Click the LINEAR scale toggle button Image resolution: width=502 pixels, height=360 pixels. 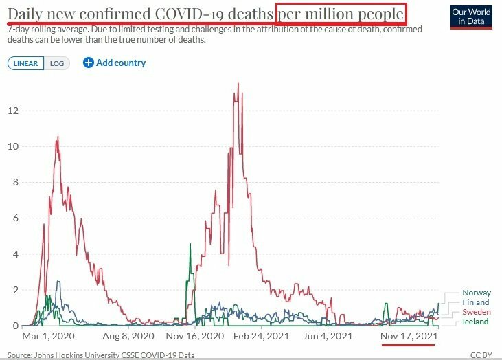26,63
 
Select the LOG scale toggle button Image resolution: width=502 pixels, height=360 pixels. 56,63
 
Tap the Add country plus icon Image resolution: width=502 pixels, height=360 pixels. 88,63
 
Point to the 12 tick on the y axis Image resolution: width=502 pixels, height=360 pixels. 14,111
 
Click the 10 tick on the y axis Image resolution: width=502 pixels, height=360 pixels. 14,146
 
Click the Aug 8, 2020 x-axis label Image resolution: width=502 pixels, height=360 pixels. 129,337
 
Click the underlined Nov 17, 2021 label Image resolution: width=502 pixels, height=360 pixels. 408,337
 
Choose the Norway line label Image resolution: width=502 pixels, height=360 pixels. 477,293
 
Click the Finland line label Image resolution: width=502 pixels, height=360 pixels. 476,302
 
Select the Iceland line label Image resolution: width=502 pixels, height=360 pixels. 475,322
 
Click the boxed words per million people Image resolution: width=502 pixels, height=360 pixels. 341,14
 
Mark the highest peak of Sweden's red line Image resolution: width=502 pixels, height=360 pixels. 238,84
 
